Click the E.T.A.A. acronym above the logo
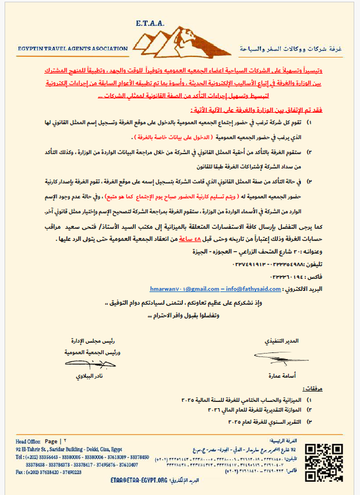[150, 24]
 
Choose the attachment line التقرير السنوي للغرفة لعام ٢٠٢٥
[259, 421]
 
